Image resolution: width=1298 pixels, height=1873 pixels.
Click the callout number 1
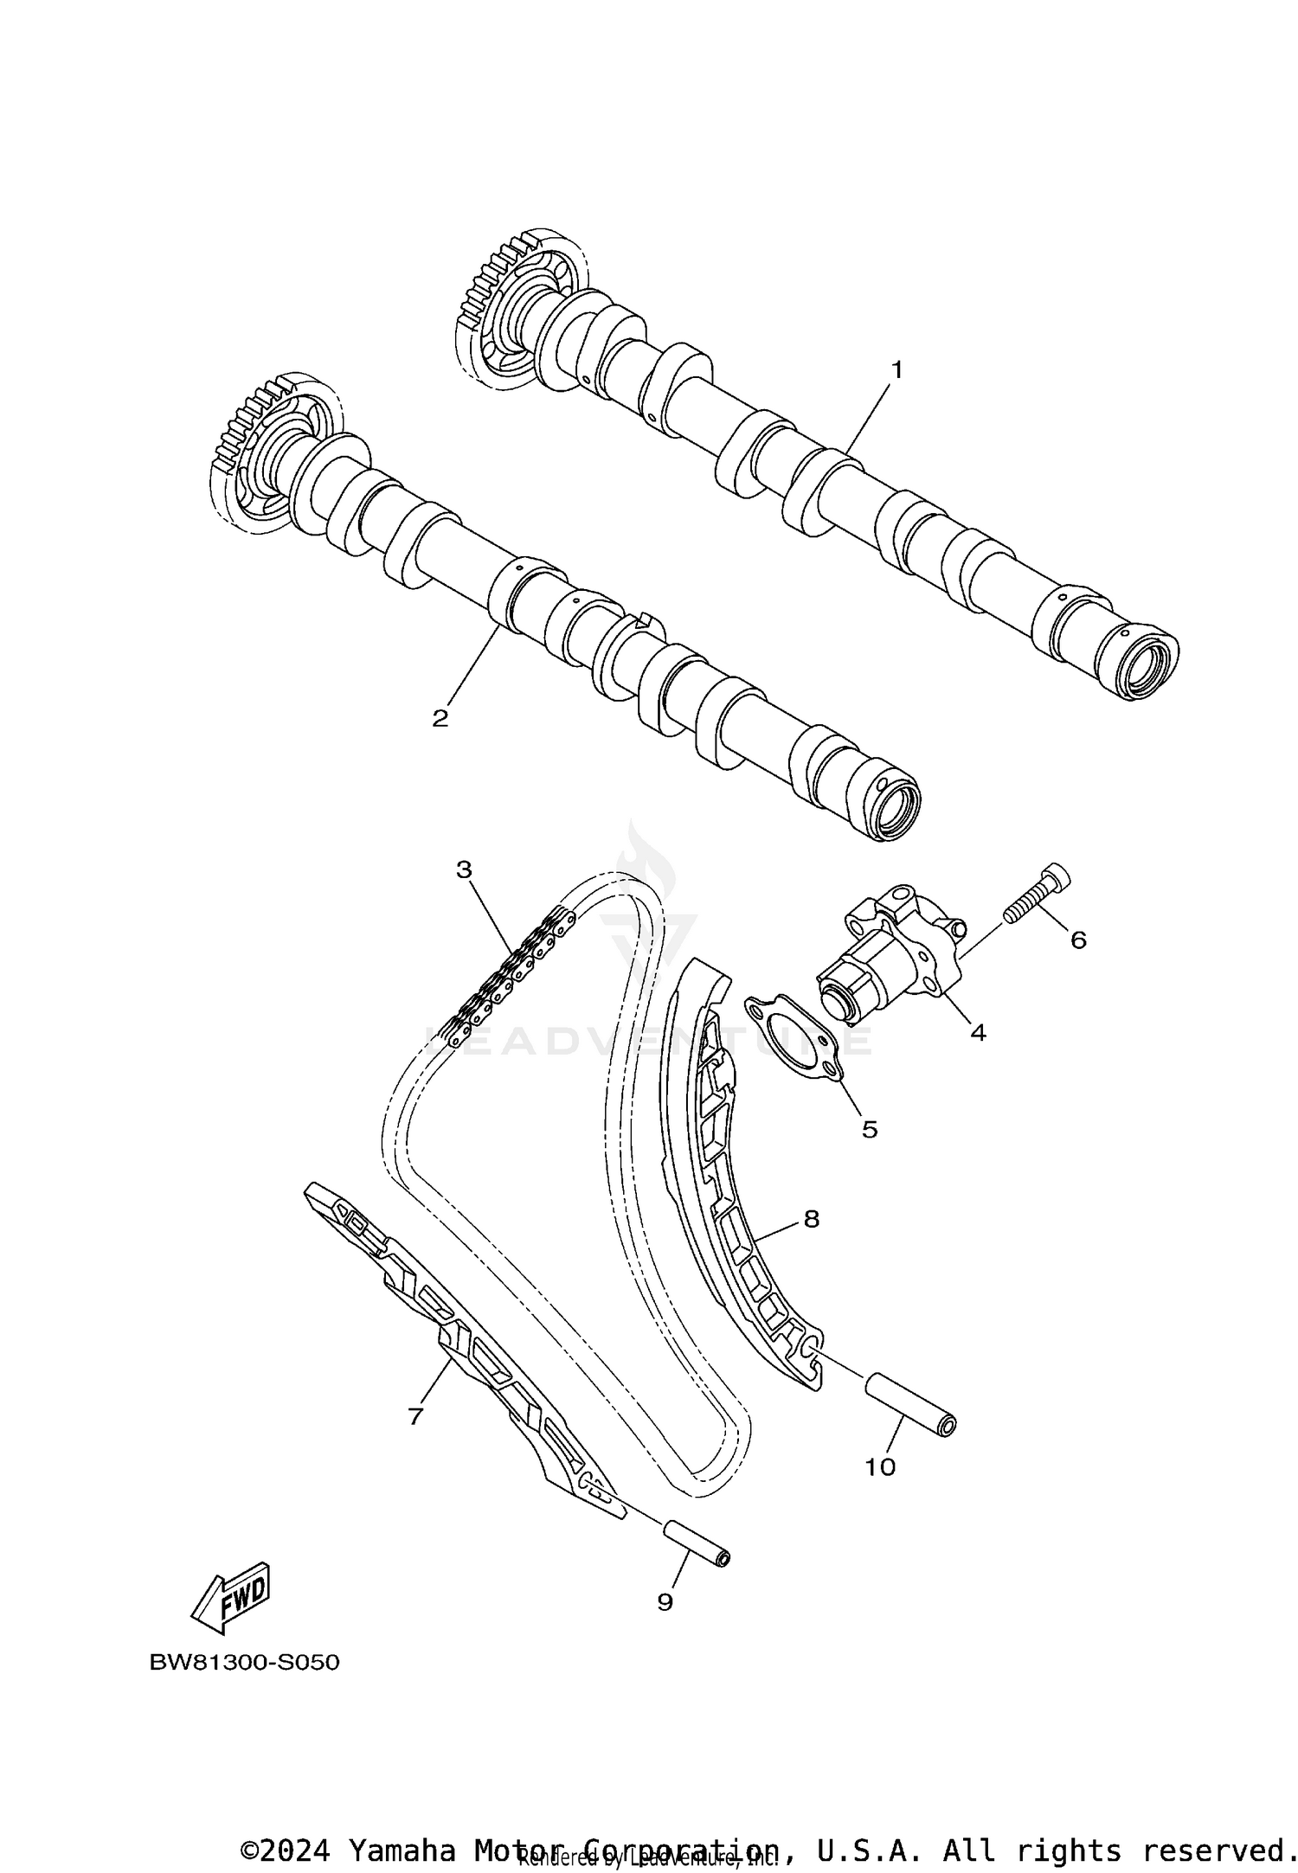pyautogui.click(x=897, y=370)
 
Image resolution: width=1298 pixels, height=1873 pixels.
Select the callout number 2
pyautogui.click(x=440, y=718)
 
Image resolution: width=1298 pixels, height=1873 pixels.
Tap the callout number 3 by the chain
pyautogui.click(x=465, y=869)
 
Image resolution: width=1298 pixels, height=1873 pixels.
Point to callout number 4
pyautogui.click(x=978, y=1032)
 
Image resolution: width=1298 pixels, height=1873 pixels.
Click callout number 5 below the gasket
pyautogui.click(x=869, y=1129)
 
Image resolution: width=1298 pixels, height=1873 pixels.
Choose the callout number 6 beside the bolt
pyautogui.click(x=1078, y=940)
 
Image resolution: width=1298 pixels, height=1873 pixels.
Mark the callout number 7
pyautogui.click(x=415, y=1416)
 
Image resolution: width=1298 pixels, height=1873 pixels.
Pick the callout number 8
pyautogui.click(x=811, y=1219)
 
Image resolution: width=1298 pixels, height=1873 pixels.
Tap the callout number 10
pyautogui.click(x=880, y=1467)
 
